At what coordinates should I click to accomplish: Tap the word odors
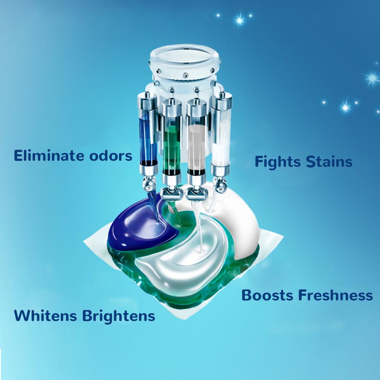[x=111, y=156]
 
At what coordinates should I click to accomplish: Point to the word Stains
[x=329, y=161]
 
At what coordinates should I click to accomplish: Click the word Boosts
[x=267, y=295]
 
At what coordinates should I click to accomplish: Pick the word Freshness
[x=335, y=295]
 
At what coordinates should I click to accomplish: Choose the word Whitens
[x=45, y=316]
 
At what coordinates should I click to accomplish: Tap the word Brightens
[x=119, y=316]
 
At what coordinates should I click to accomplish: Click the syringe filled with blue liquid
[x=148, y=136]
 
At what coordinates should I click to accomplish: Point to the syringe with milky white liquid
[x=221, y=136]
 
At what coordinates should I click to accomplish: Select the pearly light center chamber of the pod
[x=184, y=262]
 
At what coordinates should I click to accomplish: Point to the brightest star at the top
[x=240, y=20]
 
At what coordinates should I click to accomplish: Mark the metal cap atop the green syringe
[x=171, y=106]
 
